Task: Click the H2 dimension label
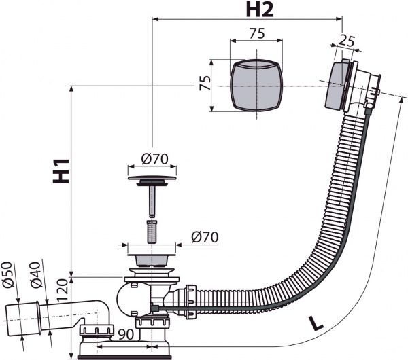(x=260, y=10)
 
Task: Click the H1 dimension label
(x=61, y=171)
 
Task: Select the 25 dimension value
(x=347, y=41)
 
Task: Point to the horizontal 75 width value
(x=257, y=33)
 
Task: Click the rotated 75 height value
(x=205, y=83)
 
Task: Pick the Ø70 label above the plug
(x=155, y=158)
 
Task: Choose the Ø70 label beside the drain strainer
(x=205, y=237)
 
